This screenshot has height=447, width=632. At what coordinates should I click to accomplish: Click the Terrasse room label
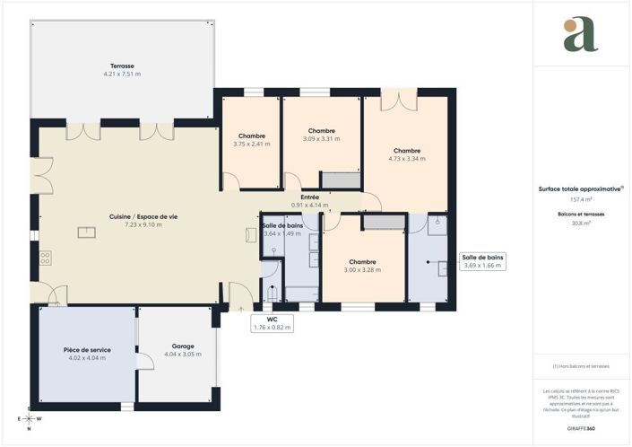click(x=122, y=66)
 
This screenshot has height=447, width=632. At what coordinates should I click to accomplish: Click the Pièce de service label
click(x=87, y=349)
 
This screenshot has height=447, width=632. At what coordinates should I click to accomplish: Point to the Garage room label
click(x=183, y=346)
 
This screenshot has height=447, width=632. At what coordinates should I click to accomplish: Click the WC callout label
click(x=272, y=319)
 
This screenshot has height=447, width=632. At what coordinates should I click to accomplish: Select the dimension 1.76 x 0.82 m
click(x=272, y=327)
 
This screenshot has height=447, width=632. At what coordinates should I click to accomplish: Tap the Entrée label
click(x=310, y=197)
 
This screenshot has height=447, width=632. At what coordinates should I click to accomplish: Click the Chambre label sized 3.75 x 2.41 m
click(x=252, y=136)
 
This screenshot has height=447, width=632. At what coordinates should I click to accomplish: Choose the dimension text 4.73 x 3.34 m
click(x=407, y=158)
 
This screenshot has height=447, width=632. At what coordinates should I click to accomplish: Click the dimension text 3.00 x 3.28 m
click(x=362, y=269)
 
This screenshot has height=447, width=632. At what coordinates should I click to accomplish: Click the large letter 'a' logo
click(x=580, y=34)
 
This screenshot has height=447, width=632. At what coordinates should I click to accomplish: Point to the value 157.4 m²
click(x=581, y=199)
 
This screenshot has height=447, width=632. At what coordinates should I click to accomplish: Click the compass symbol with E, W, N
click(x=30, y=419)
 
